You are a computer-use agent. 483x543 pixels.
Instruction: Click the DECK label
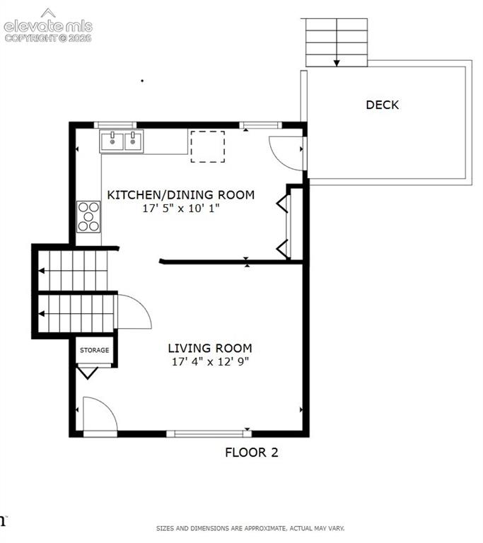pyautogui.click(x=382, y=105)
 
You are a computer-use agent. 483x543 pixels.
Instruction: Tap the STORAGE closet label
pyautogui.click(x=94, y=350)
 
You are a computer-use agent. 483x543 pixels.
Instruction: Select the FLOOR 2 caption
pyautogui.click(x=252, y=452)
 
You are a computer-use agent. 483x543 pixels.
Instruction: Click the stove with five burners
pyautogui.click(x=88, y=217)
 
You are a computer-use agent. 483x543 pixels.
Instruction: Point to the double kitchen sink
pyautogui.click(x=121, y=141)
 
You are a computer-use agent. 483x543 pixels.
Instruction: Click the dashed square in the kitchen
pyautogui.click(x=207, y=146)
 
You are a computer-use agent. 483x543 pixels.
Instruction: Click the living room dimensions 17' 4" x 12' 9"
pyautogui.click(x=210, y=361)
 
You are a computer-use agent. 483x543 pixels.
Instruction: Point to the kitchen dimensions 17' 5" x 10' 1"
pyautogui.click(x=181, y=208)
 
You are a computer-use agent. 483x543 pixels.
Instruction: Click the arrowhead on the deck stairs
pyautogui.click(x=337, y=63)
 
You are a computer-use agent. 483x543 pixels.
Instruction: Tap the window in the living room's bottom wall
pyautogui.click(x=209, y=433)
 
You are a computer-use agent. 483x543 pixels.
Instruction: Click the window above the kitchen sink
pyautogui.click(x=115, y=125)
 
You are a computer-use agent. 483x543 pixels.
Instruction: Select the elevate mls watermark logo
pyautogui.click(x=48, y=25)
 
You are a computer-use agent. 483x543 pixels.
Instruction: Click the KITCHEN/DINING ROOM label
pyautogui.click(x=181, y=194)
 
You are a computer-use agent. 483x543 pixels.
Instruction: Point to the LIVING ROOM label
pyautogui.click(x=210, y=348)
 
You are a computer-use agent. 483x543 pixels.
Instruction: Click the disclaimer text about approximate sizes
pyautogui.click(x=250, y=528)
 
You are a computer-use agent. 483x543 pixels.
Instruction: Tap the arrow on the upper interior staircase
pyautogui.click(x=42, y=271)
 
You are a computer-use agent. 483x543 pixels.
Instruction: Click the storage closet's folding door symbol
pyautogui.click(x=87, y=373)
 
